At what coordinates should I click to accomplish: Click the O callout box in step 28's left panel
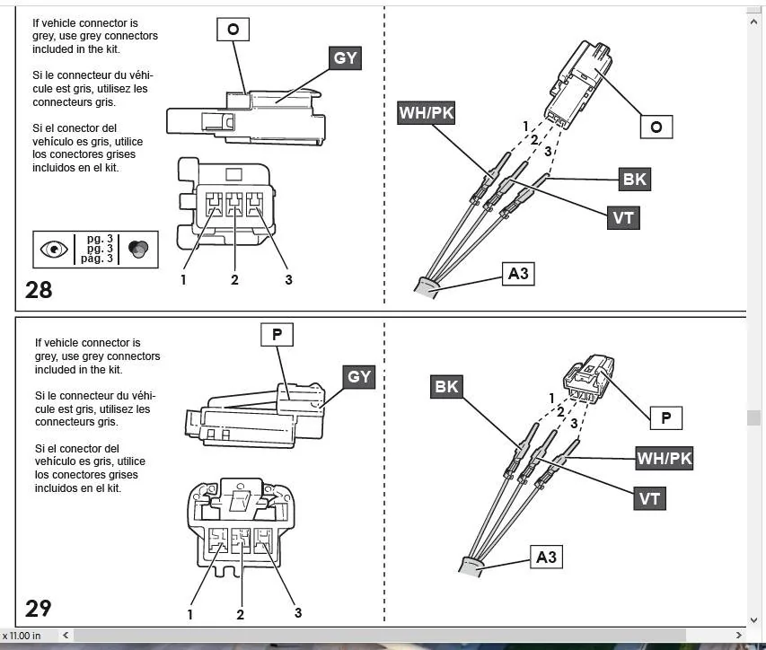tap(233, 30)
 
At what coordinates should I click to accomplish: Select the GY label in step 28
tap(345, 58)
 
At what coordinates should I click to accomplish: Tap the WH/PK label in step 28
tap(427, 113)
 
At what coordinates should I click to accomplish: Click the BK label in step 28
tap(635, 180)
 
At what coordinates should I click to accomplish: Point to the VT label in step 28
tap(623, 218)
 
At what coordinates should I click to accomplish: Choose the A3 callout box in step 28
tap(518, 274)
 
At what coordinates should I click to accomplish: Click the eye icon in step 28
tap(54, 249)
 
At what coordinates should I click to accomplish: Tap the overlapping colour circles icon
tap(138, 249)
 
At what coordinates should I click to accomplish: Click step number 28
tap(39, 290)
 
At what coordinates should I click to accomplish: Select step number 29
tap(38, 609)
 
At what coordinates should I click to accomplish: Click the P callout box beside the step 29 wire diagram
tap(665, 418)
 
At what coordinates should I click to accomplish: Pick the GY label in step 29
tap(359, 377)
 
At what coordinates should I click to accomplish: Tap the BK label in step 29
tap(446, 387)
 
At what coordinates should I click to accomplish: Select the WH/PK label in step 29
tap(665, 458)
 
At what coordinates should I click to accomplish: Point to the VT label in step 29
tap(649, 498)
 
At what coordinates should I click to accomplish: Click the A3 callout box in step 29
tap(546, 557)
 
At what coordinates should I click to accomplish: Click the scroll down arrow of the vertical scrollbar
tap(753, 620)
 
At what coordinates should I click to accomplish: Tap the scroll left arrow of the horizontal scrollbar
tap(66, 636)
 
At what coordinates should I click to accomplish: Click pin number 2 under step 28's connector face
tap(234, 280)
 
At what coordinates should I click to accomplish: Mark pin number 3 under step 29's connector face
tap(298, 613)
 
